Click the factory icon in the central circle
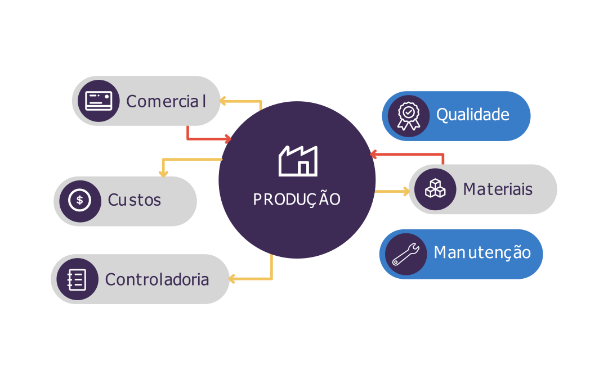[298, 161]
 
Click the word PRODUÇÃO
[297, 200]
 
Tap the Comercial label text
[166, 101]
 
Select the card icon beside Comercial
[99, 101]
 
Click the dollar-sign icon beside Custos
[80, 200]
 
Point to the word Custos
[134, 200]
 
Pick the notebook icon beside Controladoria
[77, 279]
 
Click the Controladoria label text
[157, 279]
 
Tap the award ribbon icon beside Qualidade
[408, 116]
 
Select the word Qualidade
[472, 115]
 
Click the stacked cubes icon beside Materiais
[435, 189]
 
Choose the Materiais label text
[497, 189]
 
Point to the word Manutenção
[482, 252]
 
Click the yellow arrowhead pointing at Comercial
[222, 101]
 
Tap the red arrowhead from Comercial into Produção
[228, 139]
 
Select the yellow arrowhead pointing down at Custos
[163, 174]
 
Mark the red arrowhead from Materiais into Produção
[373, 154]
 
